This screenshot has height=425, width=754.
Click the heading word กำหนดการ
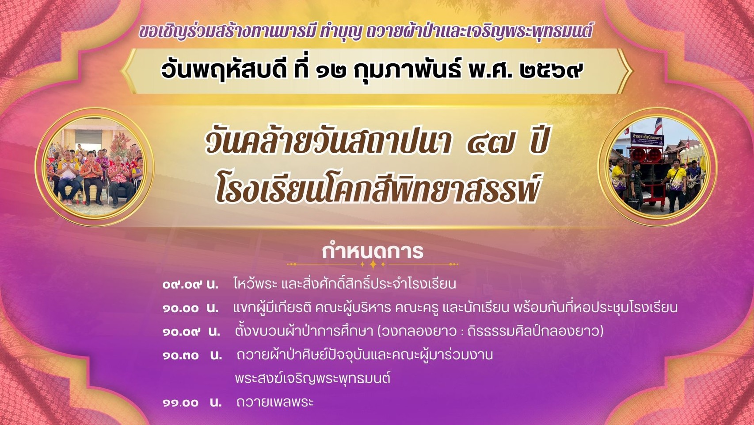372,251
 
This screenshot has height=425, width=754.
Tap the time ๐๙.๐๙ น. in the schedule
190,284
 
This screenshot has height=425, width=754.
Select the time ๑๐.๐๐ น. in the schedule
190,308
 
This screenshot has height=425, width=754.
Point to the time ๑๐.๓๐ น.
192,355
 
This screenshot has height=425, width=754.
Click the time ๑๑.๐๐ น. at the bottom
192,402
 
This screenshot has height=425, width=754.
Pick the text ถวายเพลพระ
275,402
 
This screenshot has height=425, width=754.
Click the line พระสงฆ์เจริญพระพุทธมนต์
313,378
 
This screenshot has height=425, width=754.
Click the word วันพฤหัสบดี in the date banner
224,70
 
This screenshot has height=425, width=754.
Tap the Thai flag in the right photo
658,125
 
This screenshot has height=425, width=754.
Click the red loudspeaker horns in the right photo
646,155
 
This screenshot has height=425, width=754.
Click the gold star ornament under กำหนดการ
373,264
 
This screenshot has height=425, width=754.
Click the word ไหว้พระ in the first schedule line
255,284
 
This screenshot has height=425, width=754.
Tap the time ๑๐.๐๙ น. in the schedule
191,332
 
